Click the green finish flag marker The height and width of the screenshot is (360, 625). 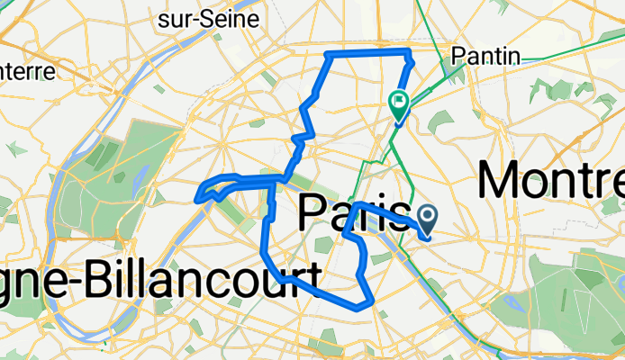point(398,102)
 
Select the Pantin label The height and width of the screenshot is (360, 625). point(486,56)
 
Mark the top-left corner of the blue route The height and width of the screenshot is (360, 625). point(328,56)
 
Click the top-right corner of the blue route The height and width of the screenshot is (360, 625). point(409,50)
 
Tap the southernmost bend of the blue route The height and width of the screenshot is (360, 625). point(360,306)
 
